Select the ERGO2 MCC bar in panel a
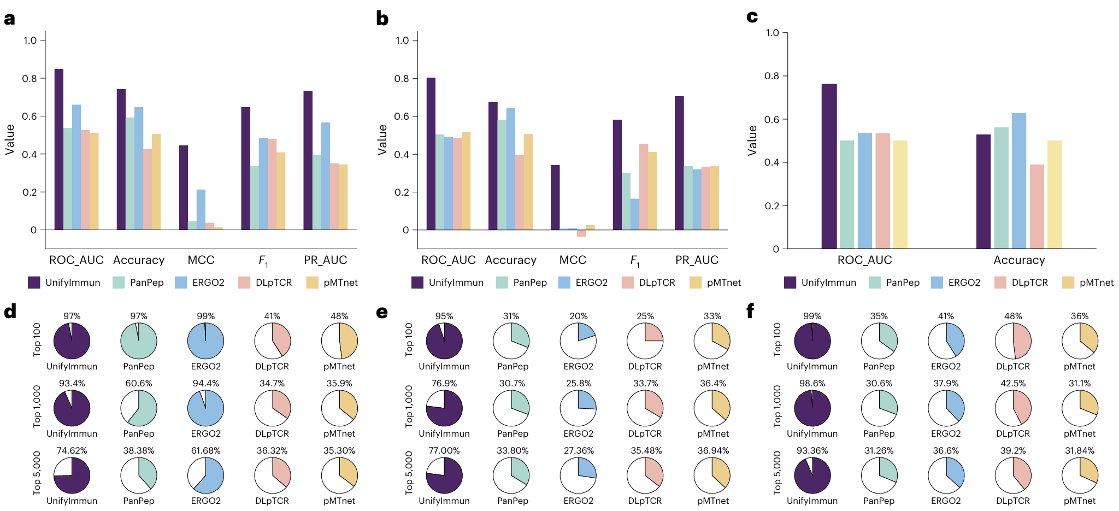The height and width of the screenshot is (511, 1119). tap(201, 210)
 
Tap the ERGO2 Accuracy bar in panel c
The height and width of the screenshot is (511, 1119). tap(1019, 181)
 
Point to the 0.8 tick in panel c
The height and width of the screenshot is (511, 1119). tap(772, 76)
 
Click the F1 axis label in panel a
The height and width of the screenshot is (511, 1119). tap(263, 261)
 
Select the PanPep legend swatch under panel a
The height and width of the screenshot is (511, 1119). tap(119, 283)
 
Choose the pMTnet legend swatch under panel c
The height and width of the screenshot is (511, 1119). tap(1068, 283)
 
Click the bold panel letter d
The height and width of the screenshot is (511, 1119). tap(10, 312)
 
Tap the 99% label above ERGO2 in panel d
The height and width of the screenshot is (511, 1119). tap(205, 316)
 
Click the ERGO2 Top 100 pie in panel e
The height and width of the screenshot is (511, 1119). tap(578, 341)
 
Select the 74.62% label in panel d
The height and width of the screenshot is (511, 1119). tap(72, 450)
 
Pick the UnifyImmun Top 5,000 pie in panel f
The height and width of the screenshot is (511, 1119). tap(812, 475)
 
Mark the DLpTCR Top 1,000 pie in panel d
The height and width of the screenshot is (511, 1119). tap(272, 408)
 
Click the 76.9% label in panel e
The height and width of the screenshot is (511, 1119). tap(444, 383)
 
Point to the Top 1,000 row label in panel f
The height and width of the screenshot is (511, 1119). tap(778, 406)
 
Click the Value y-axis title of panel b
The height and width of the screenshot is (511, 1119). tap(382, 139)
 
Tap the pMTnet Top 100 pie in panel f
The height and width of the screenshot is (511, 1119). tap(1080, 341)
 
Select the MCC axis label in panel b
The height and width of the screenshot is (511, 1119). tap(573, 260)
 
